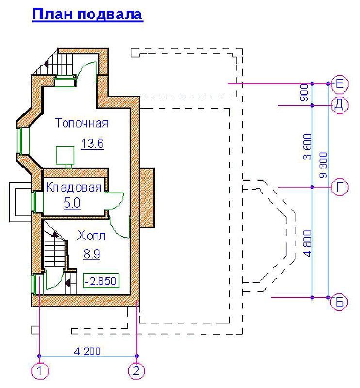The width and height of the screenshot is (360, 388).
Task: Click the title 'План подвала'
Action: [x=87, y=14]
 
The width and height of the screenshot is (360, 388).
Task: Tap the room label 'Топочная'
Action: [x=82, y=123]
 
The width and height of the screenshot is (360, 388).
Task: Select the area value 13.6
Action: [x=93, y=144]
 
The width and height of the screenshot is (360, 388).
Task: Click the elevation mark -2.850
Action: [x=102, y=280]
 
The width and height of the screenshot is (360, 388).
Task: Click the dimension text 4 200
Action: [x=87, y=350]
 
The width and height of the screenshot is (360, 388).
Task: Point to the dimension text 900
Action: [x=305, y=95]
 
